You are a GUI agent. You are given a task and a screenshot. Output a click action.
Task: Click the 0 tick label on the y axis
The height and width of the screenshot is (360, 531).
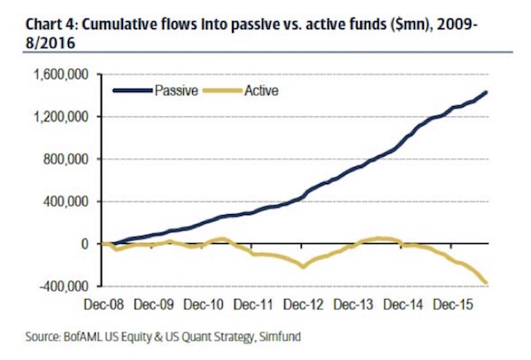(85, 243)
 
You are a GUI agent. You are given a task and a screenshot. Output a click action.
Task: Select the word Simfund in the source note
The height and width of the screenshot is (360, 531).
(282, 337)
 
